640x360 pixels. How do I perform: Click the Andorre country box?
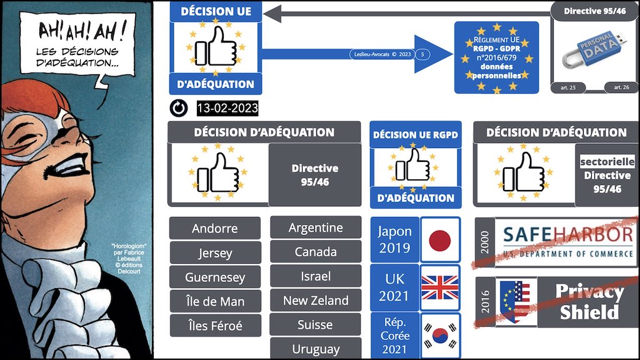(214, 228)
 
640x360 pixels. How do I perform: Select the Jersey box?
(214, 252)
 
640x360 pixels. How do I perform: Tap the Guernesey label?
(214, 277)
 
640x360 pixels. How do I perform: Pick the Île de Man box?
(214, 301)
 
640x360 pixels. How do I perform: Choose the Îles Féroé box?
(214, 326)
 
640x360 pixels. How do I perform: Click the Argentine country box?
(315, 227)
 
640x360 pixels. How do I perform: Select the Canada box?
(315, 252)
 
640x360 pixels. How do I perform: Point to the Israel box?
(315, 276)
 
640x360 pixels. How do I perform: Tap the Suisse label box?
(315, 325)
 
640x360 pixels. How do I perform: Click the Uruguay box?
(315, 349)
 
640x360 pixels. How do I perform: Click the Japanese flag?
(440, 239)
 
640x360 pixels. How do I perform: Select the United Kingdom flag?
(440, 287)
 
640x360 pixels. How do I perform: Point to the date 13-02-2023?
(227, 109)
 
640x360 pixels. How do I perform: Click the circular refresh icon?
(179, 109)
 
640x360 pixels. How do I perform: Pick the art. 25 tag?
(569, 87)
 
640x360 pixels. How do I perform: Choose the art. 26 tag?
(621, 87)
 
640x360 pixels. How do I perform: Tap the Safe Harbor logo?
(567, 241)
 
